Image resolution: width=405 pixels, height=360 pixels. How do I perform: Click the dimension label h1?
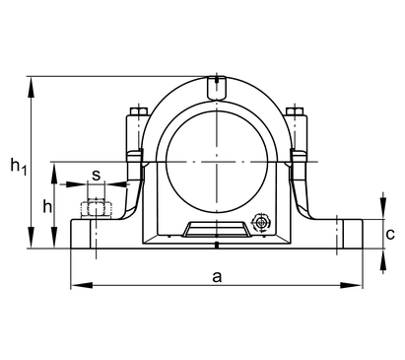19,166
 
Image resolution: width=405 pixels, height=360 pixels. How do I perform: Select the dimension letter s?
96,176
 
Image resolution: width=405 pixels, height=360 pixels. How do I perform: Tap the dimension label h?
47,206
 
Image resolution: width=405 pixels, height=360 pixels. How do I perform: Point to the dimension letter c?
390,234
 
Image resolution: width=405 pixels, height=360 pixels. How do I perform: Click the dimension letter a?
217,277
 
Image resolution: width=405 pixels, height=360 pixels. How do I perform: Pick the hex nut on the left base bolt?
97,209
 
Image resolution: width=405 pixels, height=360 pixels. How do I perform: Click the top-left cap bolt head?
139,111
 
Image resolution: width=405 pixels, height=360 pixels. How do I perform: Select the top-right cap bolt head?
294,111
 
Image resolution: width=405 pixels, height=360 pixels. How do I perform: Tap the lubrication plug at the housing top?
217,88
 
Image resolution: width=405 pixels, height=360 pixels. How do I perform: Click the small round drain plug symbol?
261,222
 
